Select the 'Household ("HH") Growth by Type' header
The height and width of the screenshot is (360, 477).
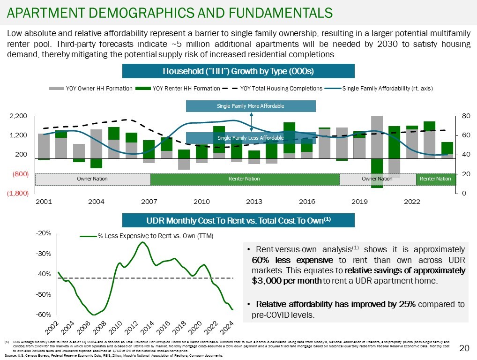[238, 71]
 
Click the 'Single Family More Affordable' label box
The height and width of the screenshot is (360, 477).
[251, 106]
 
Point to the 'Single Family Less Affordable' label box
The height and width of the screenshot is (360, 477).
[251, 138]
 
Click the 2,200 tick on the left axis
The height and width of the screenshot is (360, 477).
[19, 116]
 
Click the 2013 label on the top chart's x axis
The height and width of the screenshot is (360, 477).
[254, 202]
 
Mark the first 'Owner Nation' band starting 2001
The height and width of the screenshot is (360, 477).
[93, 179]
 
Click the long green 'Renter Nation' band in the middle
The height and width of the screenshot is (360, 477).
[244, 179]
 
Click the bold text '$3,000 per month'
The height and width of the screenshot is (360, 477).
[286, 281]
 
